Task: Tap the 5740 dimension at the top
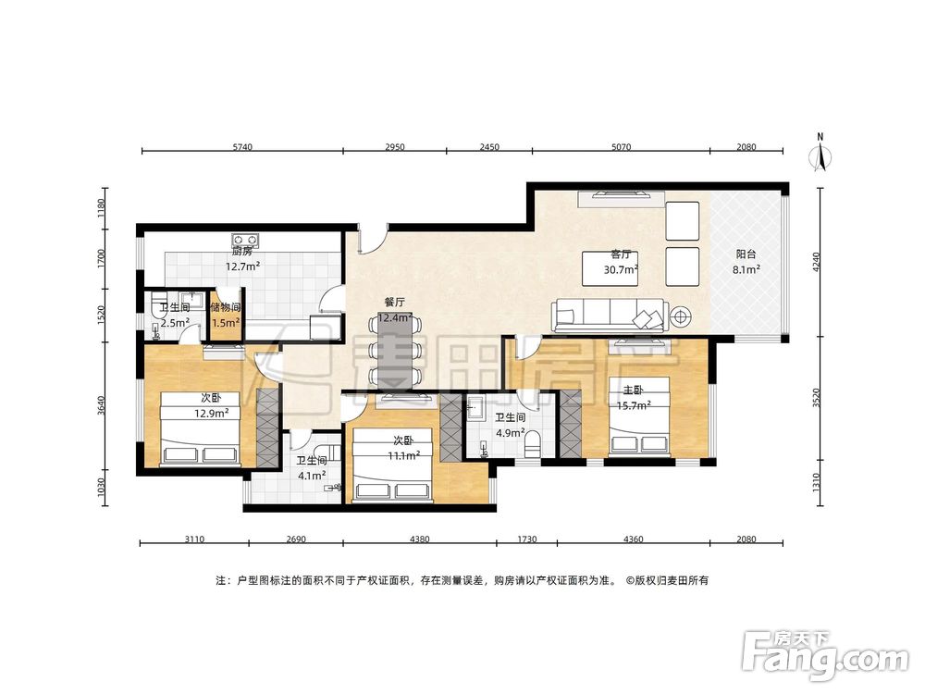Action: click(241, 147)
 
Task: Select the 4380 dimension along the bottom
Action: click(419, 539)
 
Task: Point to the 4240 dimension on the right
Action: click(816, 262)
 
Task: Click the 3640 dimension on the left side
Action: click(101, 405)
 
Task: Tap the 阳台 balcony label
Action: click(746, 254)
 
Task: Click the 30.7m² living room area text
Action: click(621, 269)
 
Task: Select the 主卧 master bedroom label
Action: click(634, 390)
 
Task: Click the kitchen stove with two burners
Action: click(245, 240)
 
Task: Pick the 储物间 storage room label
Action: click(226, 307)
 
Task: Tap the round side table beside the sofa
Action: click(680, 317)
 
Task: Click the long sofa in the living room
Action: click(610, 315)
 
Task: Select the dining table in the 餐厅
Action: click(394, 353)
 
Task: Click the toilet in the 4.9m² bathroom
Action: click(532, 444)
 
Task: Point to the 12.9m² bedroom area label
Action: click(212, 413)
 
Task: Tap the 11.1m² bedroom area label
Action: click(403, 455)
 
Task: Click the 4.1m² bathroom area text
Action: click(312, 475)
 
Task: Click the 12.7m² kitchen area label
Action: click(242, 266)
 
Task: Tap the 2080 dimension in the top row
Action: click(746, 147)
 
